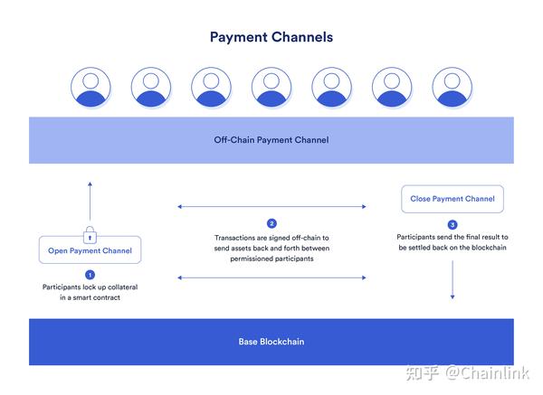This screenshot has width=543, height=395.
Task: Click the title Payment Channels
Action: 271,37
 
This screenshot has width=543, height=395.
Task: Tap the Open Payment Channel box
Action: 90,250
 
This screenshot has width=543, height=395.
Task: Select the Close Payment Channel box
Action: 452,199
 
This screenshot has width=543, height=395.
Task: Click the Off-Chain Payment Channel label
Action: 271,140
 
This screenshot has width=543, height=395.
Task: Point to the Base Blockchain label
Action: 271,342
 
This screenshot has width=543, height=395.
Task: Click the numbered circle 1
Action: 90,274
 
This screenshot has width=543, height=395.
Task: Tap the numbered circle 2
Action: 271,223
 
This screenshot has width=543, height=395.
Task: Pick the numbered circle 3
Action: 452,224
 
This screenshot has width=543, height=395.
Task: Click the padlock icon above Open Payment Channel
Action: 90,235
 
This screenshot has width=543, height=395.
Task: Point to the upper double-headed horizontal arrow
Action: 271,207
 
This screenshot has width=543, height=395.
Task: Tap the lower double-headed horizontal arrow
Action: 271,277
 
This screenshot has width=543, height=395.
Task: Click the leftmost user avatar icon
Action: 90,87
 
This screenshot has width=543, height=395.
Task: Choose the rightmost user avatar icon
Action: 452,87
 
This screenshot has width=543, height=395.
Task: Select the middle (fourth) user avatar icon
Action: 271,87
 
